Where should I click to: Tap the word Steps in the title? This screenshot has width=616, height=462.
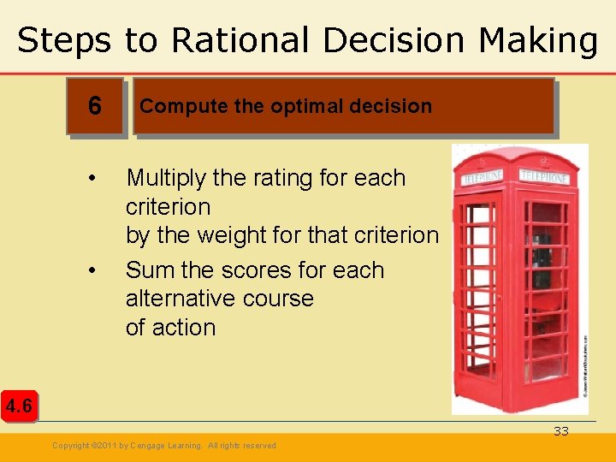tap(64, 40)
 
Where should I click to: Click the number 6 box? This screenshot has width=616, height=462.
tap(95, 106)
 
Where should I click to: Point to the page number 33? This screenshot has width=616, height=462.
tap(560, 431)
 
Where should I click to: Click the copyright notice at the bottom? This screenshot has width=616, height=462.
tap(164, 446)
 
